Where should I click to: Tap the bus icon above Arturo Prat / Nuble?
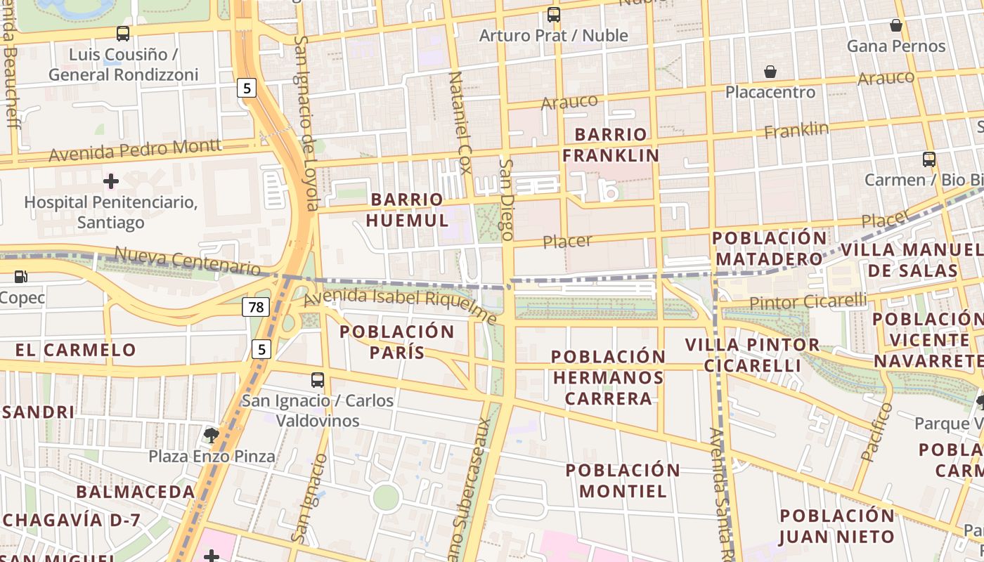[554, 14]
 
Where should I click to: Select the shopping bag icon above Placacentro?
[770, 72]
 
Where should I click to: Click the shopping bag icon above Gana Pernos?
[896, 25]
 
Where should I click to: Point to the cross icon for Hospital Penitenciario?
[110, 181]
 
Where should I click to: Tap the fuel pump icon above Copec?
[21, 277]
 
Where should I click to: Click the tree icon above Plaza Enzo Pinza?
[211, 435]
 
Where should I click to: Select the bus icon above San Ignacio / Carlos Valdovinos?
[318, 380]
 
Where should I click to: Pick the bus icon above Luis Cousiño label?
[123, 33]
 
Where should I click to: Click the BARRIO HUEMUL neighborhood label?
[407, 209]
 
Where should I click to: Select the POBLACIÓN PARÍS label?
[397, 341]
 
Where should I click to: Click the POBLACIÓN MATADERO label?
[770, 248]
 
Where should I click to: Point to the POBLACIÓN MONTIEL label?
[623, 481]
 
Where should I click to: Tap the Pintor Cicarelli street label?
[808, 302]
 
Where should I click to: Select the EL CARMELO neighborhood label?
[76, 350]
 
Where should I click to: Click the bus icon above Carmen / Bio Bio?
[929, 159]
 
